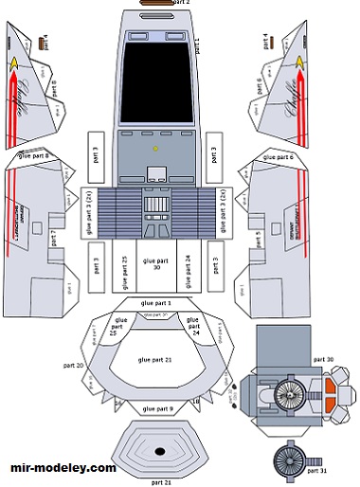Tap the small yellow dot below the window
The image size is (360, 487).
[x=154, y=150]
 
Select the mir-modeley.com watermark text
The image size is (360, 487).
[x=63, y=468]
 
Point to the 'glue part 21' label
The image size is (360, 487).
[x=157, y=360]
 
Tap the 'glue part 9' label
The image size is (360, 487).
[x=157, y=408]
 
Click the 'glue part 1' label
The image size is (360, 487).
[x=155, y=301]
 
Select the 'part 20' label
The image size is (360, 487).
[x=74, y=366]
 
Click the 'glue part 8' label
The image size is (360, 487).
[x=34, y=153]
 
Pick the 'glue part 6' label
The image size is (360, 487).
[x=279, y=156]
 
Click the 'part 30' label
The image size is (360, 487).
[x=323, y=360]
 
